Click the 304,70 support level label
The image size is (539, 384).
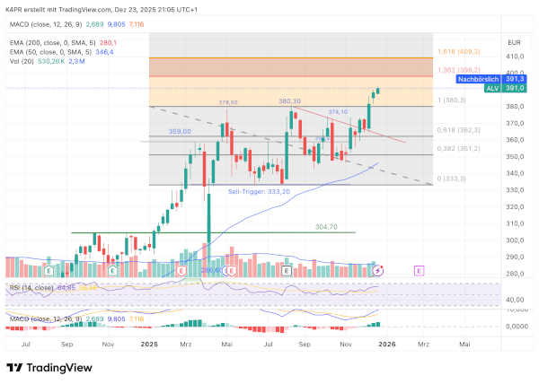[x=326, y=227]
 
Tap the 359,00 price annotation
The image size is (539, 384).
[x=181, y=132]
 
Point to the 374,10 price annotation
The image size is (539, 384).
[x=338, y=111]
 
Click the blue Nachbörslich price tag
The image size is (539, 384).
[x=480, y=80]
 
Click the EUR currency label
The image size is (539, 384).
[x=514, y=42]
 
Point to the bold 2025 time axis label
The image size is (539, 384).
[x=150, y=344]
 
